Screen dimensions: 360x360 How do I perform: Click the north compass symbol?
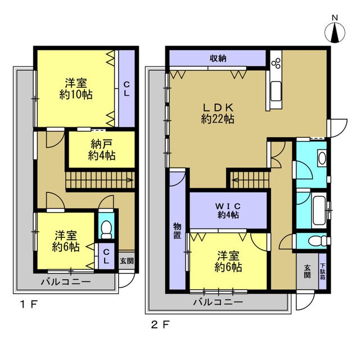click(335, 33)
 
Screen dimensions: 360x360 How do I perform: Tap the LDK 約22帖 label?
click(218, 113)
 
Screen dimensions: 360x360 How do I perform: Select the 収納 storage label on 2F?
click(218, 58)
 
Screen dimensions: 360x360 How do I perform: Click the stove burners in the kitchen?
click(276, 63)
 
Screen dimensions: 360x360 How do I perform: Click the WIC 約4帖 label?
click(228, 210)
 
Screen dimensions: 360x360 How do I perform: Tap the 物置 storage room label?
click(177, 231)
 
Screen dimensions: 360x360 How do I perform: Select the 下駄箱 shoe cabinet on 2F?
click(322, 271)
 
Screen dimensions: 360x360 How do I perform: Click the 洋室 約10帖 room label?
click(76, 89)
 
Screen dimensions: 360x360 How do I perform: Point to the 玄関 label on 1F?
click(127, 261)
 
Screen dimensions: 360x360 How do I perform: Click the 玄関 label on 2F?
click(308, 271)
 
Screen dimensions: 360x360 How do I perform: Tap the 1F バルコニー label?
click(66, 282)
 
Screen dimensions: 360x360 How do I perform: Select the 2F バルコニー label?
click(218, 302)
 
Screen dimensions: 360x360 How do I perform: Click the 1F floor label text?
click(29, 305)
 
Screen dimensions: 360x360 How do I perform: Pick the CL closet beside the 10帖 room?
click(127, 89)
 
